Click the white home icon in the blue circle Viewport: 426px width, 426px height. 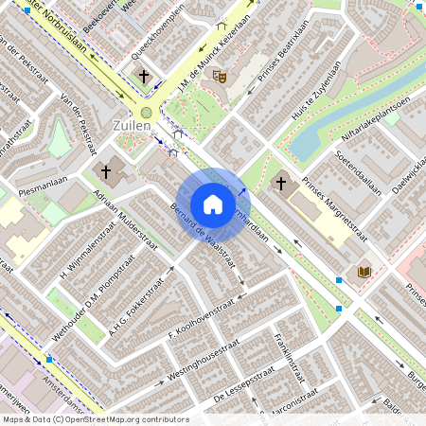coord(213,204)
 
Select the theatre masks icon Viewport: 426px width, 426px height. coord(220,75)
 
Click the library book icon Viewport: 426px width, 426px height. coord(364,273)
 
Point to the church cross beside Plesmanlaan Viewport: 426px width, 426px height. coord(106,172)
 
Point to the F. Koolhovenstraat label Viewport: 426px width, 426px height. coord(201,320)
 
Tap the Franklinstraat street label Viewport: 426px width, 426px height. coord(287,357)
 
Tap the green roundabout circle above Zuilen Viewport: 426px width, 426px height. coord(146,112)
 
